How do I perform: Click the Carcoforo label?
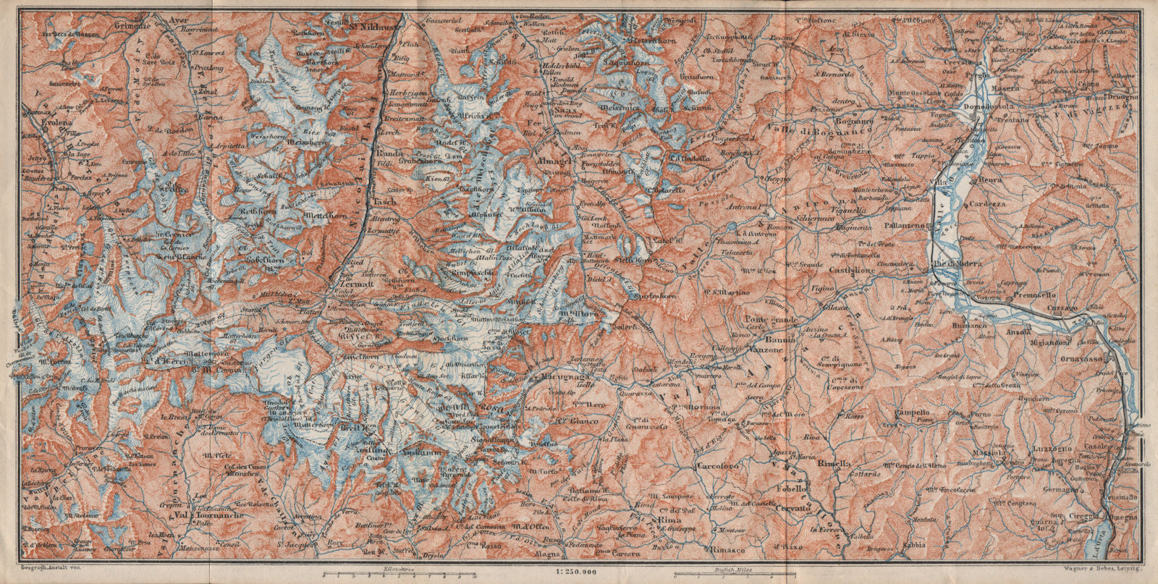coord(719,467)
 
